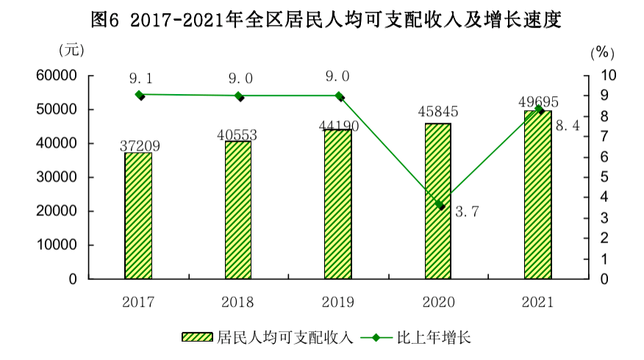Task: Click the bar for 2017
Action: (138, 216)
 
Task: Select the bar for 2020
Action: (438, 201)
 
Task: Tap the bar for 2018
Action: (238, 210)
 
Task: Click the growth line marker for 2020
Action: (440, 205)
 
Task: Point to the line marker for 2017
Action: (140, 95)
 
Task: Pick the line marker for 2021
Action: (539, 109)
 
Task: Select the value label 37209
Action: (140, 146)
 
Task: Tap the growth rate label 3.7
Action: (468, 212)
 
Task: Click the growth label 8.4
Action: (568, 126)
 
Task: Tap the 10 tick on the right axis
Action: (609, 76)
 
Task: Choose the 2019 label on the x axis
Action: (338, 301)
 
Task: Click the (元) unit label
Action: (71, 51)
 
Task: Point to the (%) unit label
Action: (601, 52)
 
